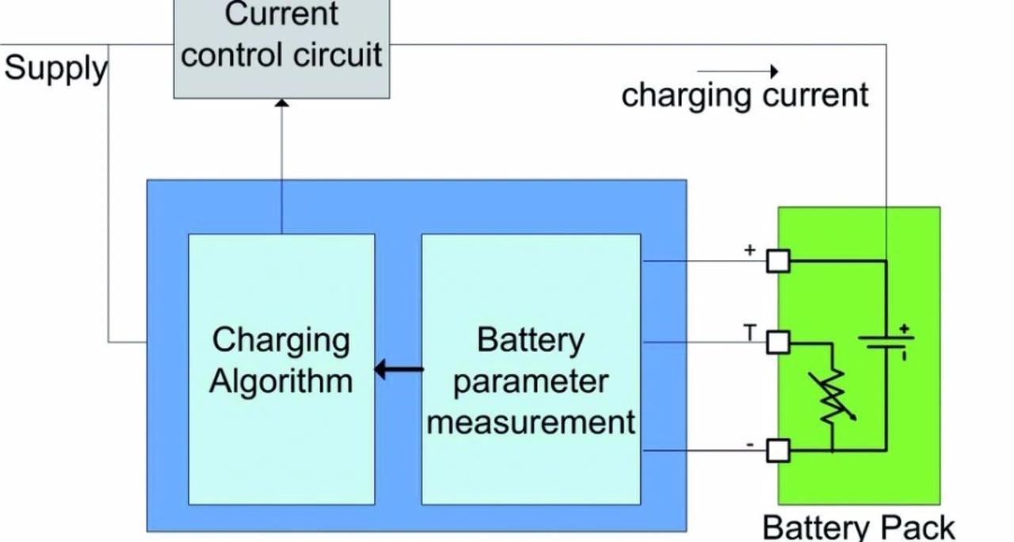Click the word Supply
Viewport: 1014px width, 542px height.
coord(55,69)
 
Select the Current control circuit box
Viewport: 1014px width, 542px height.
coord(281,49)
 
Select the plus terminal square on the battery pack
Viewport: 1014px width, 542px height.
coord(779,261)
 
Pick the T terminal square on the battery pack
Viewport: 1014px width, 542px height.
coord(779,342)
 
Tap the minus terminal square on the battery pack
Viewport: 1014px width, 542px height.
coord(779,451)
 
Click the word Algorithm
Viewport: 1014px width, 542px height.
coord(281,382)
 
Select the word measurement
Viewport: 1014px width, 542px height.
coord(531,422)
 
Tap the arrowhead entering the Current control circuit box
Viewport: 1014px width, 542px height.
coord(281,103)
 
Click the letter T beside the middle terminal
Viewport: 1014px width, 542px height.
coord(749,334)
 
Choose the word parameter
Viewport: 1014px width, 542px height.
coord(531,382)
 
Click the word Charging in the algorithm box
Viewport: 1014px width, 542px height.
coord(281,341)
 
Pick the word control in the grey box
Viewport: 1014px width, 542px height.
coord(229,55)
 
